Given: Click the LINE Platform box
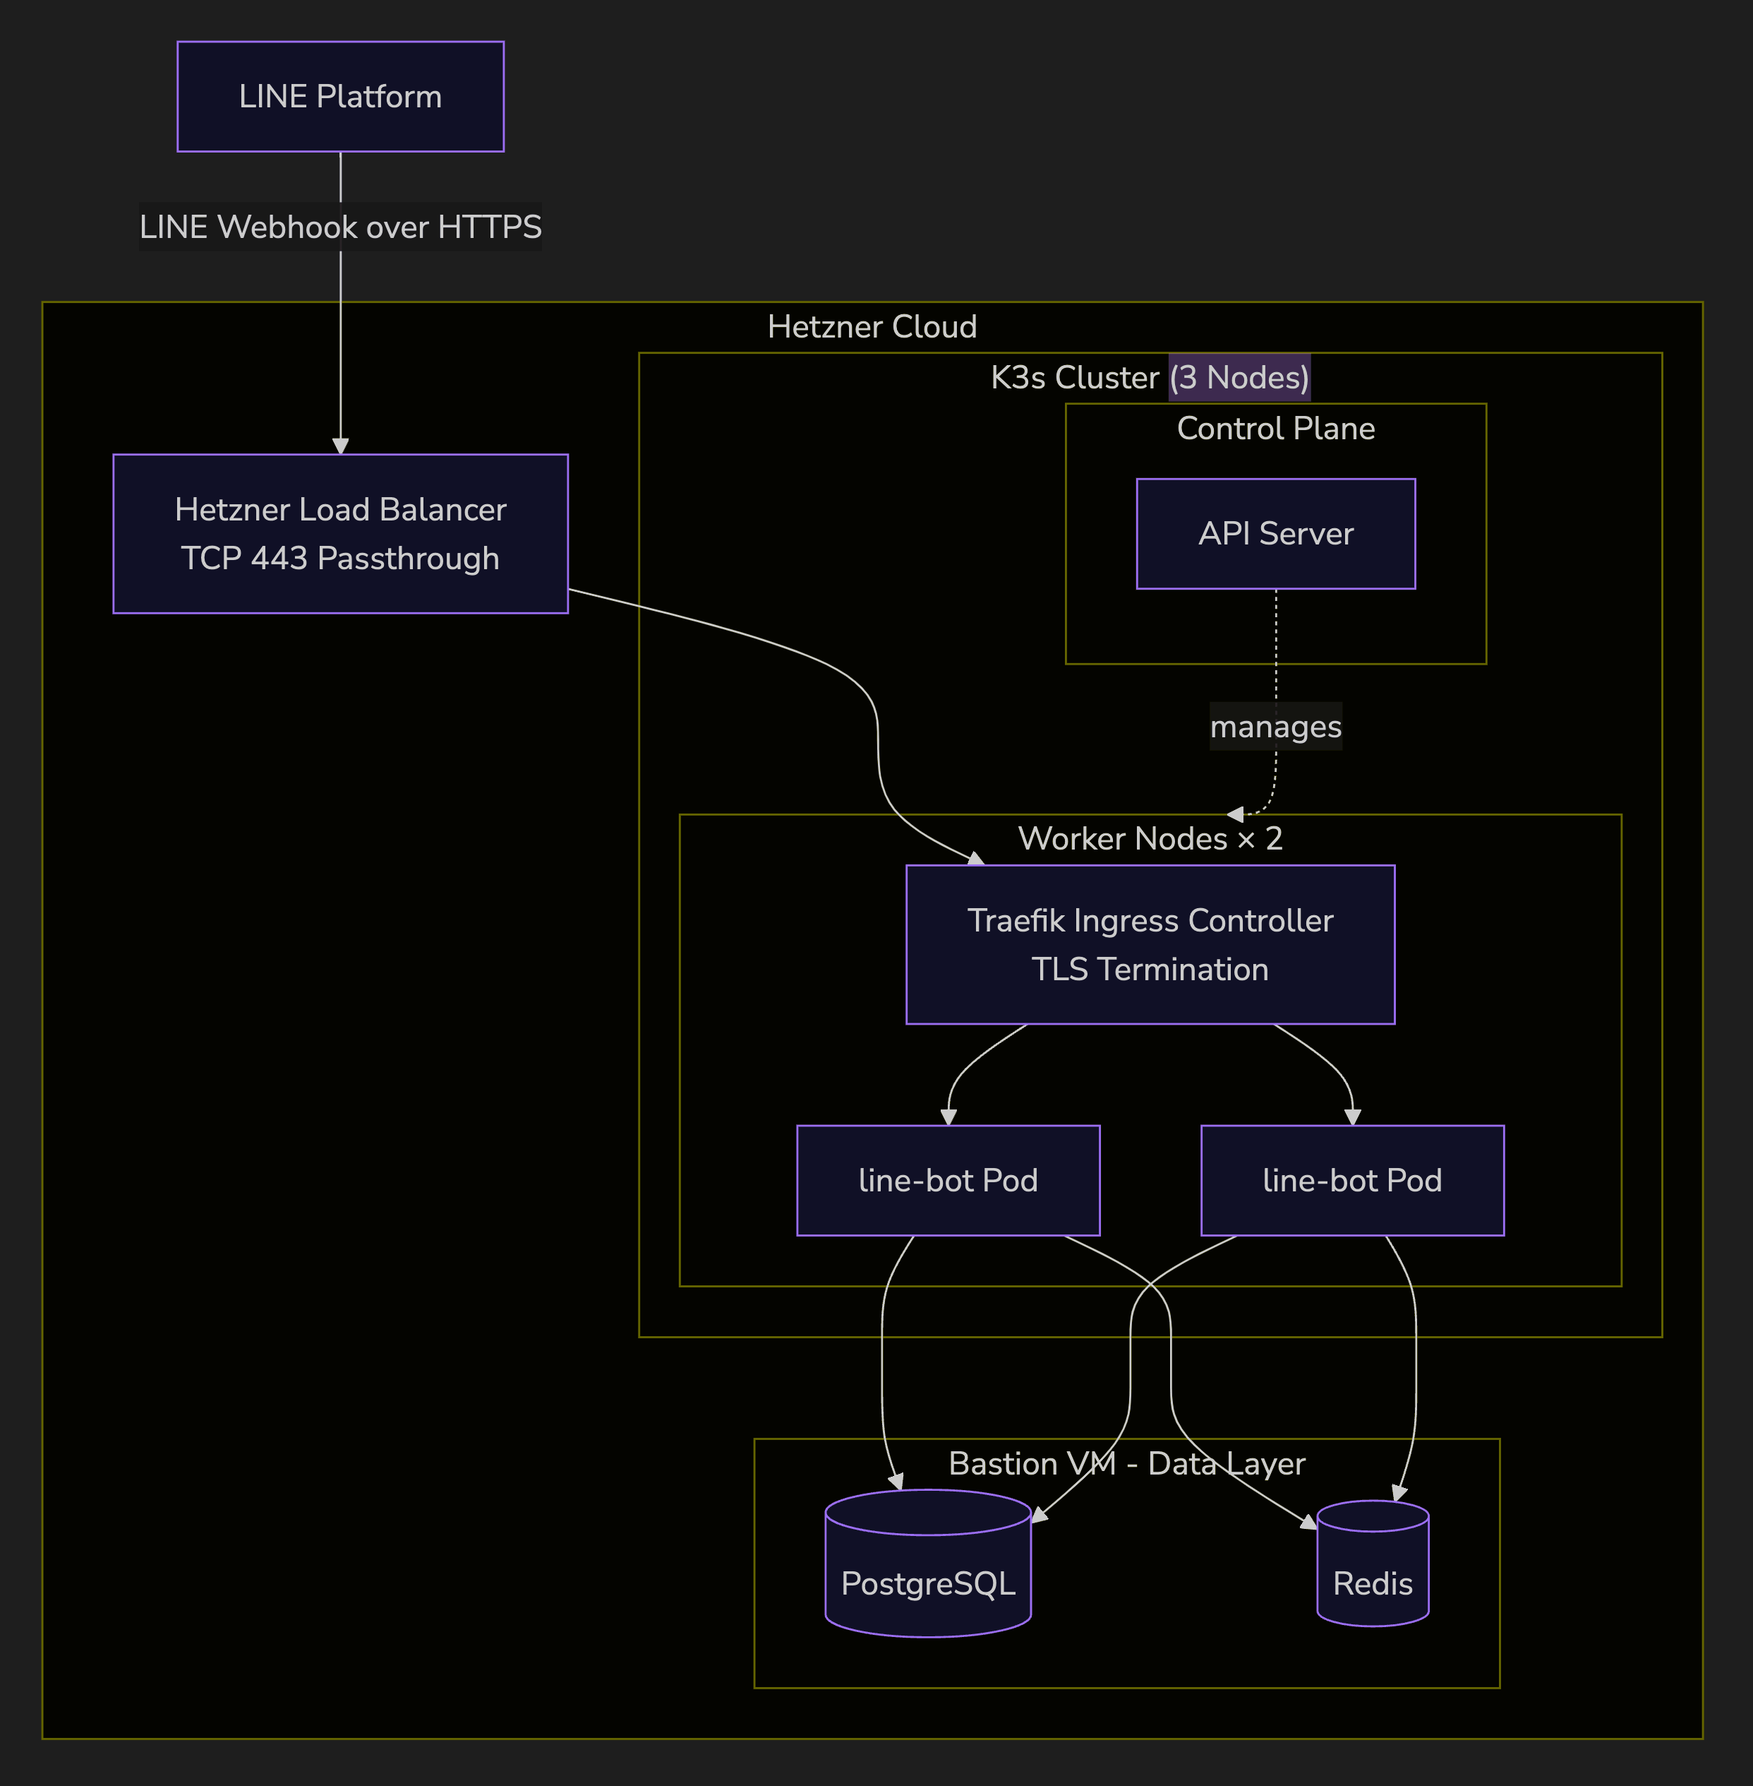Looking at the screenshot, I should click(x=341, y=97).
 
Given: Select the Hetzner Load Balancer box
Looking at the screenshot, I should click(x=341, y=533).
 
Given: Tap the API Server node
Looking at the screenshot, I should click(x=1275, y=533).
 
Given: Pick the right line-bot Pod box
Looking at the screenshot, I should click(x=1351, y=1180).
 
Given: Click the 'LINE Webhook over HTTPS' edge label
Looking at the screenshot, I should click(x=341, y=227).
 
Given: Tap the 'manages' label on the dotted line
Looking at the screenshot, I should click(x=1275, y=727).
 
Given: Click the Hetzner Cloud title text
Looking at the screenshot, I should click(x=872, y=327).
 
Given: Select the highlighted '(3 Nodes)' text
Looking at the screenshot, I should click(x=1239, y=378).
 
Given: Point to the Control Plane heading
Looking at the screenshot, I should click(x=1275, y=428).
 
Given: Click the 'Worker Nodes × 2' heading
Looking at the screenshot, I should click(x=1150, y=838).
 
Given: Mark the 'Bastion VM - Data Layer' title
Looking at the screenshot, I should click(x=1127, y=1464).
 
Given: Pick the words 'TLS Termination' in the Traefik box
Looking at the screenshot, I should click(x=1150, y=969).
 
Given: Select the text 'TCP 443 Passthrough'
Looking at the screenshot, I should click(x=341, y=558).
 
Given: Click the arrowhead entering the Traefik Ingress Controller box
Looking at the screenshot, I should click(x=977, y=859).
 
